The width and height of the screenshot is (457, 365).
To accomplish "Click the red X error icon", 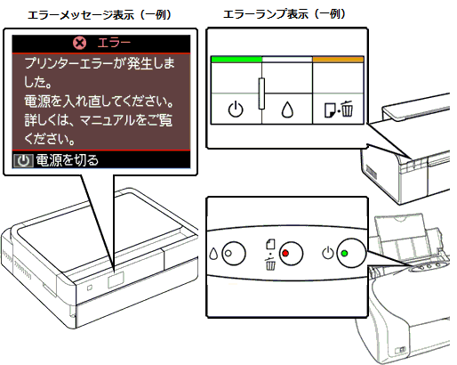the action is [80, 44].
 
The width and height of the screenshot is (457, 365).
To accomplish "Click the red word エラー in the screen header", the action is [114, 44].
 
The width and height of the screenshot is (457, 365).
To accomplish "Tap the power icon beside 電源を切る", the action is [23, 161].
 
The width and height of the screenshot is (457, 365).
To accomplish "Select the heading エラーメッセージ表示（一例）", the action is [100, 14].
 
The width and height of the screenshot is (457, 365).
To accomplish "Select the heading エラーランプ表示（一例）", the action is [285, 14].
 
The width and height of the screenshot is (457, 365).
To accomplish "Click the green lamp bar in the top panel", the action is [237, 60].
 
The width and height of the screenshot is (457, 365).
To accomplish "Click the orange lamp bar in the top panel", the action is [338, 60].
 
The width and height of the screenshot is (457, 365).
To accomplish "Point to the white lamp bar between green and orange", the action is [287, 60].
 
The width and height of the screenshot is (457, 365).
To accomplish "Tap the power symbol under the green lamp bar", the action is [236, 109].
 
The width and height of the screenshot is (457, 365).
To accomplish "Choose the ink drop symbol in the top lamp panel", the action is [287, 109].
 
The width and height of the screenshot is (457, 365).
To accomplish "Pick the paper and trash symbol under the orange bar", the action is [339, 109].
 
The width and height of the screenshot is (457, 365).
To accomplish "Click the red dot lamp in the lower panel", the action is [285, 254].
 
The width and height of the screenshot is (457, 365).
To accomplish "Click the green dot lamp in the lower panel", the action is [344, 254].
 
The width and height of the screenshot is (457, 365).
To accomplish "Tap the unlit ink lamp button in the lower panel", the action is [234, 254].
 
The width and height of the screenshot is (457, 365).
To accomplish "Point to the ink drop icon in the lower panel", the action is [213, 254].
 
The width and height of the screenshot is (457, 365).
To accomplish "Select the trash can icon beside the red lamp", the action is [270, 264].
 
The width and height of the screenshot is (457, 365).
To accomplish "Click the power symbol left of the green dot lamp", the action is [328, 253].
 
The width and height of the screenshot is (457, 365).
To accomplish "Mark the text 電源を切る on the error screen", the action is [68, 161].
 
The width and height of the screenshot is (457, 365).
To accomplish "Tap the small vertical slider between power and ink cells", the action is [261, 93].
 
